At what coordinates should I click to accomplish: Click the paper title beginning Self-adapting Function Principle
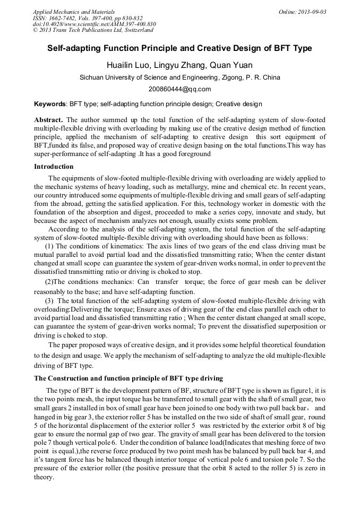click(x=179, y=49)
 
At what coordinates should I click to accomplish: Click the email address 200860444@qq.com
click(x=179, y=89)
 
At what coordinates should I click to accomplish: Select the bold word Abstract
click(x=49, y=120)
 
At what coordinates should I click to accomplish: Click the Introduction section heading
click(x=54, y=167)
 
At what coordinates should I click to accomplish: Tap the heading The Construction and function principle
click(x=128, y=378)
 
